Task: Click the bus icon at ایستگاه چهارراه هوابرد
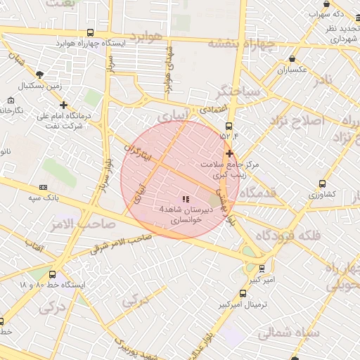click(90, 32)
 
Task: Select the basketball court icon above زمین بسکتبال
click(40, 75)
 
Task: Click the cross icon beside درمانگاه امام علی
click(63, 105)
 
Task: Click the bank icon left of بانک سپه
click(43, 187)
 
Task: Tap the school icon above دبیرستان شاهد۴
click(186, 200)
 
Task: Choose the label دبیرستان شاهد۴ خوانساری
click(180, 214)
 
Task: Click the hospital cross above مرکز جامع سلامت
click(229, 153)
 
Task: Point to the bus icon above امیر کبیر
click(262, 268)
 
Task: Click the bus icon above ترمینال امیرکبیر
click(243, 294)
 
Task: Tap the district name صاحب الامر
click(72, 224)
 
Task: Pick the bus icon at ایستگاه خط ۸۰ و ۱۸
click(53, 274)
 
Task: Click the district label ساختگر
click(239, 91)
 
